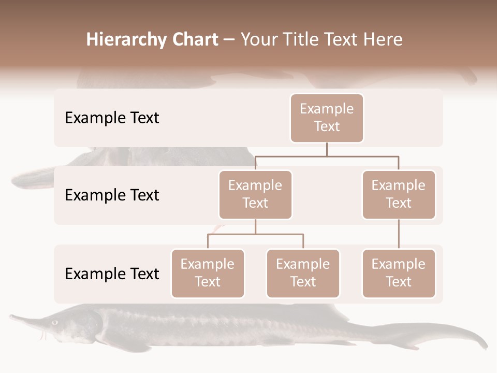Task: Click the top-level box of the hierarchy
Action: (x=327, y=118)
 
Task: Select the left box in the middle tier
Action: (x=255, y=194)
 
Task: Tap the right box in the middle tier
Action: (x=399, y=194)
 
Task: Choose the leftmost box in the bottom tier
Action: (x=208, y=273)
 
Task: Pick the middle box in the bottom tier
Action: (x=303, y=273)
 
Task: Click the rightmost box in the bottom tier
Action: (x=399, y=273)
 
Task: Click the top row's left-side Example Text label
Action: (x=112, y=118)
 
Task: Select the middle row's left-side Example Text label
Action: (x=112, y=195)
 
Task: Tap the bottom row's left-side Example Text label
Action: (x=112, y=274)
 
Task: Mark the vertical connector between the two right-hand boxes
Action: (x=399, y=234)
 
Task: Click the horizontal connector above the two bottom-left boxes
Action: (x=255, y=234)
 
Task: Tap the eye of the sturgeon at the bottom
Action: (x=55, y=322)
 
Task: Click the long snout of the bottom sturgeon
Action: (x=26, y=318)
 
